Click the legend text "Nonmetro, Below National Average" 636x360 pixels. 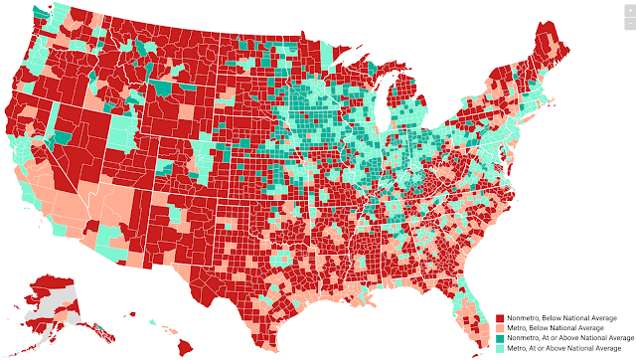point(553,317)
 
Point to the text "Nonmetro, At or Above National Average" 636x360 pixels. point(561,338)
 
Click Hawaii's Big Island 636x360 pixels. point(184,348)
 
